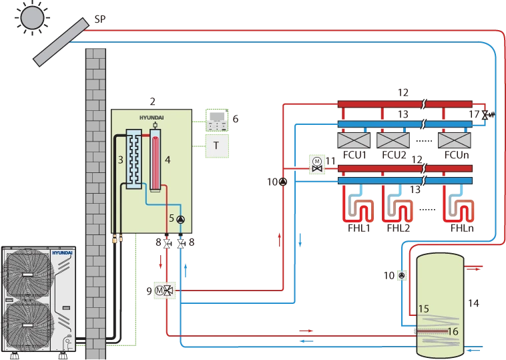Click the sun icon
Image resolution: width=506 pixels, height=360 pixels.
point(32,17)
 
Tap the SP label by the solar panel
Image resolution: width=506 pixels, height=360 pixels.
point(100,19)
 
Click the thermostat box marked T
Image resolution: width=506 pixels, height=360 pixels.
point(217,146)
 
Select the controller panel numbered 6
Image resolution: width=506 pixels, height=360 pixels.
point(217,120)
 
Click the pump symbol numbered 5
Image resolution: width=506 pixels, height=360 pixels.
point(181,220)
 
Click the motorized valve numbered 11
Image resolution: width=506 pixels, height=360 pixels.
point(317,165)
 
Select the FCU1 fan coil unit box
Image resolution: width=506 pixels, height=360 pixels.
point(354,140)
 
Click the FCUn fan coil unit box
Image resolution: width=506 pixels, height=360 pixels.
point(455,140)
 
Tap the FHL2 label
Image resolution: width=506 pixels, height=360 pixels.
point(399,228)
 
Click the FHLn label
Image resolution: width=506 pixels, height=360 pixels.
point(462,228)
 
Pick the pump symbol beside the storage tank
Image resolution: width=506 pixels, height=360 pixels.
point(401,275)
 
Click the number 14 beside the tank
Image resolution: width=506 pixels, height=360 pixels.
point(473,303)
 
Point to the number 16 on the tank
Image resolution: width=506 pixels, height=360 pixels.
point(453,331)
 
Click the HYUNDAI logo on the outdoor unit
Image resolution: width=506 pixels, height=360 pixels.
point(62,253)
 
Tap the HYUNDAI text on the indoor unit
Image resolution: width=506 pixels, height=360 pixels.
point(152,118)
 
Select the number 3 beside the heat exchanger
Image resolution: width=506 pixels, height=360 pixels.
point(121,160)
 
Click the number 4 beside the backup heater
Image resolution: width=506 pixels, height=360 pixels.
point(168,160)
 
